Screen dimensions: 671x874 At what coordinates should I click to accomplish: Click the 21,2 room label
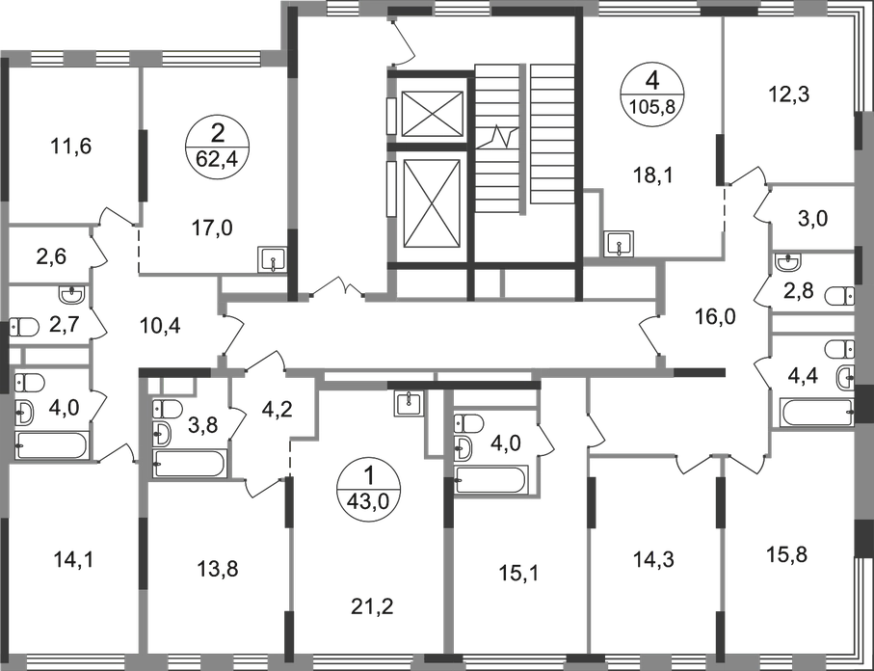tap(367, 606)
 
